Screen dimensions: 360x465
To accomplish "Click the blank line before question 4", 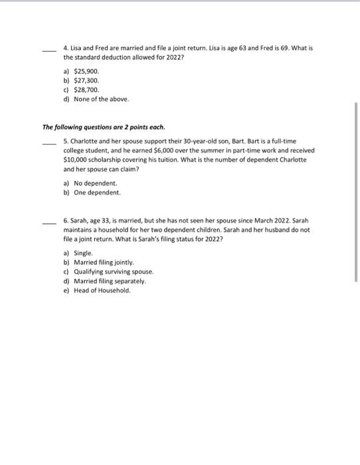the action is point(48,50).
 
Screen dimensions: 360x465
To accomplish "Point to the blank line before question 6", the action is point(48,223).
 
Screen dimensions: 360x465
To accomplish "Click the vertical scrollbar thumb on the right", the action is point(357,193).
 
